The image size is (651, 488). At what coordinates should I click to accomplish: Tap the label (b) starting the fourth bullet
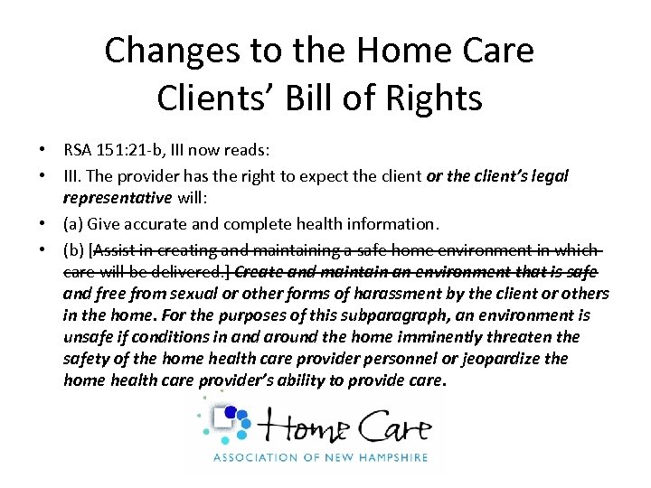(74, 249)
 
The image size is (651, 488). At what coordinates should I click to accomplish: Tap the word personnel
(373, 359)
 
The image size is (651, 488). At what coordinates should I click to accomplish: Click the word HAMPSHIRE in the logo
(394, 457)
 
